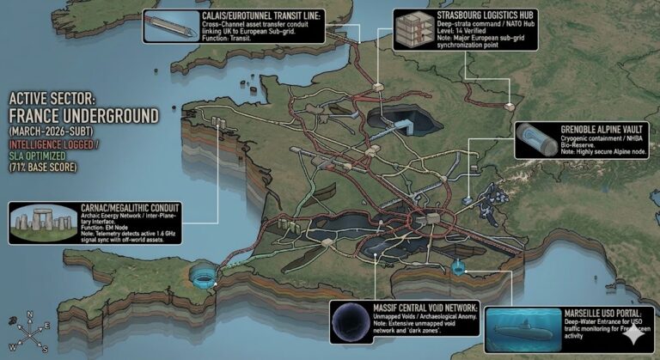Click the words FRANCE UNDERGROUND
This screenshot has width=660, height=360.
coord(83,114)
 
